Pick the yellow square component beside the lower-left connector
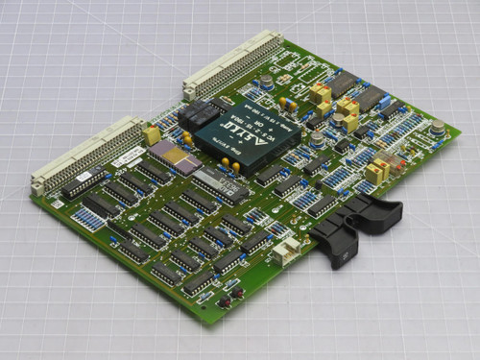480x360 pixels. (x=151, y=134)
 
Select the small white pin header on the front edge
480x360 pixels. (x=284, y=252)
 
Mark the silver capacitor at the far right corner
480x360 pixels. (x=437, y=127)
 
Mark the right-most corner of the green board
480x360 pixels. (x=459, y=130)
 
